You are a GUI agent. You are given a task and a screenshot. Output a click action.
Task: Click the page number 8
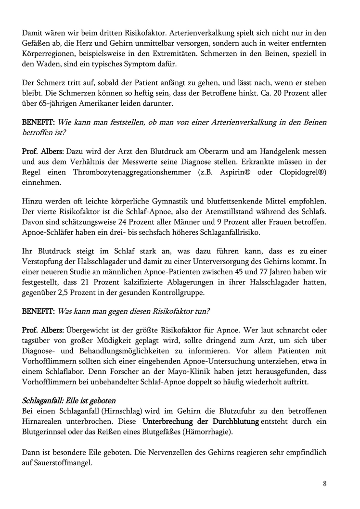pos(325,484)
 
